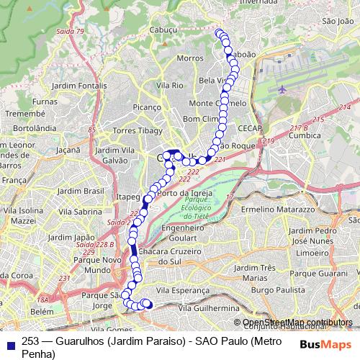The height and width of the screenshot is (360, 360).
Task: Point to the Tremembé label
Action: (x=24, y=114)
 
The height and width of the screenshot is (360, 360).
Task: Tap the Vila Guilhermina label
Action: (x=208, y=307)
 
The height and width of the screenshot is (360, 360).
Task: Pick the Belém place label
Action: (x=42, y=312)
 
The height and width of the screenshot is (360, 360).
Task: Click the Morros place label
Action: (x=190, y=58)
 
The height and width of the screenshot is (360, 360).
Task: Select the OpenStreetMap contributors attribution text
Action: (x=297, y=322)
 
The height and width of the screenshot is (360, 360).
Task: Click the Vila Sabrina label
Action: (x=81, y=212)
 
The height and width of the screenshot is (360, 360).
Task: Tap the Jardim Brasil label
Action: (x=80, y=191)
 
